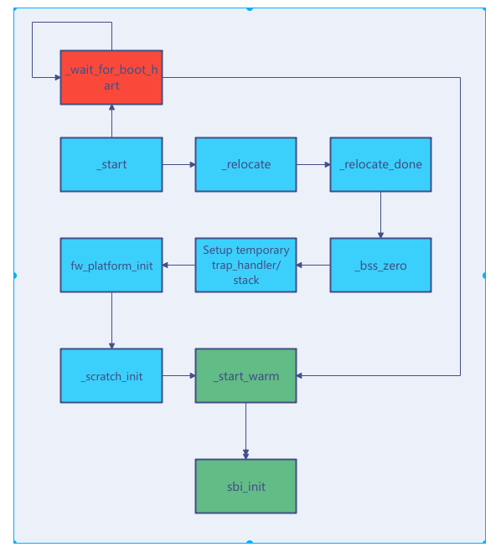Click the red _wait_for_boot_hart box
(x=111, y=77)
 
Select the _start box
(x=111, y=164)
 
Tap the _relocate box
(x=245, y=164)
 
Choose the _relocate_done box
(x=380, y=164)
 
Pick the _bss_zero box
(x=380, y=265)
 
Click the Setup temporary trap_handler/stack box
(x=245, y=265)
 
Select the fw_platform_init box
(x=111, y=265)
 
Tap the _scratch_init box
(x=111, y=375)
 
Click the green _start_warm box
(x=245, y=375)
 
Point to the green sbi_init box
(x=245, y=486)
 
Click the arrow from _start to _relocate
(x=178, y=164)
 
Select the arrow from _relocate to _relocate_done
(x=313, y=164)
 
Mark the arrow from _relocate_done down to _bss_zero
(x=380, y=214)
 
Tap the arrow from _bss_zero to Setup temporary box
(x=313, y=265)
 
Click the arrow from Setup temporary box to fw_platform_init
(x=178, y=265)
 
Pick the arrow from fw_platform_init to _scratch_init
(x=111, y=320)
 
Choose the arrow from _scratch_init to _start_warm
(x=178, y=375)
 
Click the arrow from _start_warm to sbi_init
(x=245, y=431)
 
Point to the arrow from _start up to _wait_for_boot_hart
(x=111, y=121)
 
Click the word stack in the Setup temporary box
(x=245, y=281)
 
